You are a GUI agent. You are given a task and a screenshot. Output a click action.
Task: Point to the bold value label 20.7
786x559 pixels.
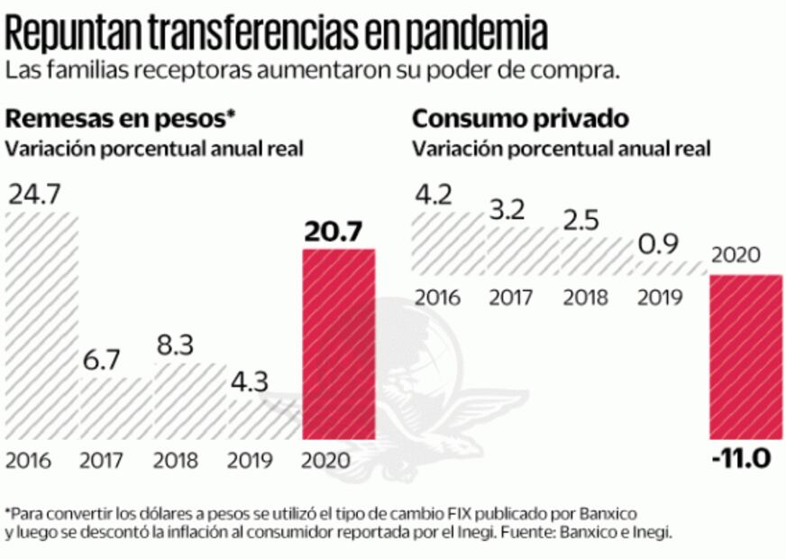click(333, 232)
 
